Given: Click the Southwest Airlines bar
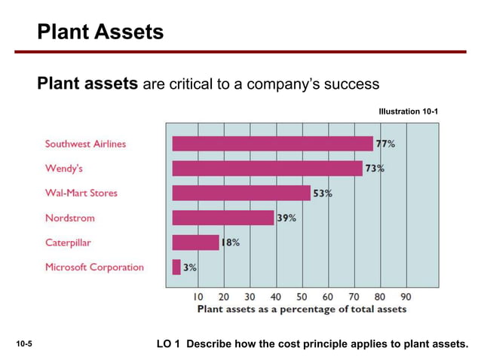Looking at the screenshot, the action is (273, 144).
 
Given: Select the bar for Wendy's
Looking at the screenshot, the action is (268, 169).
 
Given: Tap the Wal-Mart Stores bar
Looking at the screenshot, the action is (241, 193).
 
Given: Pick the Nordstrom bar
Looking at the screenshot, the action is (223, 218).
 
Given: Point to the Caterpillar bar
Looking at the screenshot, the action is (196, 243).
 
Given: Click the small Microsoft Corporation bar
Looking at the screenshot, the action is (176, 267).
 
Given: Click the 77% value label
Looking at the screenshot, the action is (385, 144).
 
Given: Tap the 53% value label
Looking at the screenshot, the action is (323, 194).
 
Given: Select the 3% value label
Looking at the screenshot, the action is (190, 267).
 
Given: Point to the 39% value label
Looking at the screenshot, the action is (286, 218).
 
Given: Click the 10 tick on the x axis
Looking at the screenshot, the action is (198, 297).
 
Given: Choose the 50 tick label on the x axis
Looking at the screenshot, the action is (302, 297).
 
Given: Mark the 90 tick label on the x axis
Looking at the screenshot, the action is (406, 297).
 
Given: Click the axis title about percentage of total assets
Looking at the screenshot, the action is (302, 309).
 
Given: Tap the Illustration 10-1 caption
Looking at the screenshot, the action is (409, 111).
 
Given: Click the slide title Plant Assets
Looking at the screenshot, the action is (100, 32).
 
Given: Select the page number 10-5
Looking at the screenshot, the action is (24, 343).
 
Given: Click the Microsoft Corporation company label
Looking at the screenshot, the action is (94, 267).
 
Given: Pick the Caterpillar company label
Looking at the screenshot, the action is (68, 243).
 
